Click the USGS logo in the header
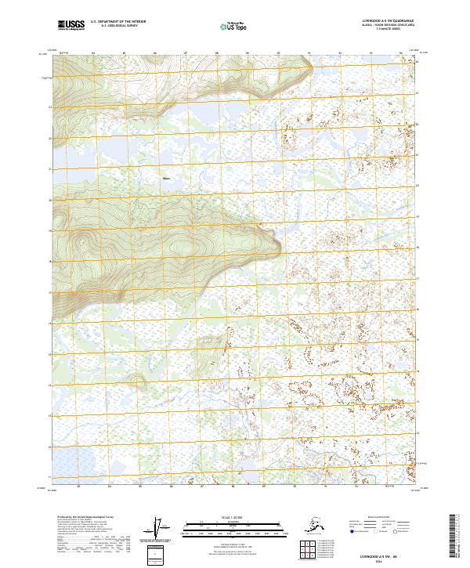(x=70, y=26)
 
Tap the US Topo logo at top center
(x=233, y=26)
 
